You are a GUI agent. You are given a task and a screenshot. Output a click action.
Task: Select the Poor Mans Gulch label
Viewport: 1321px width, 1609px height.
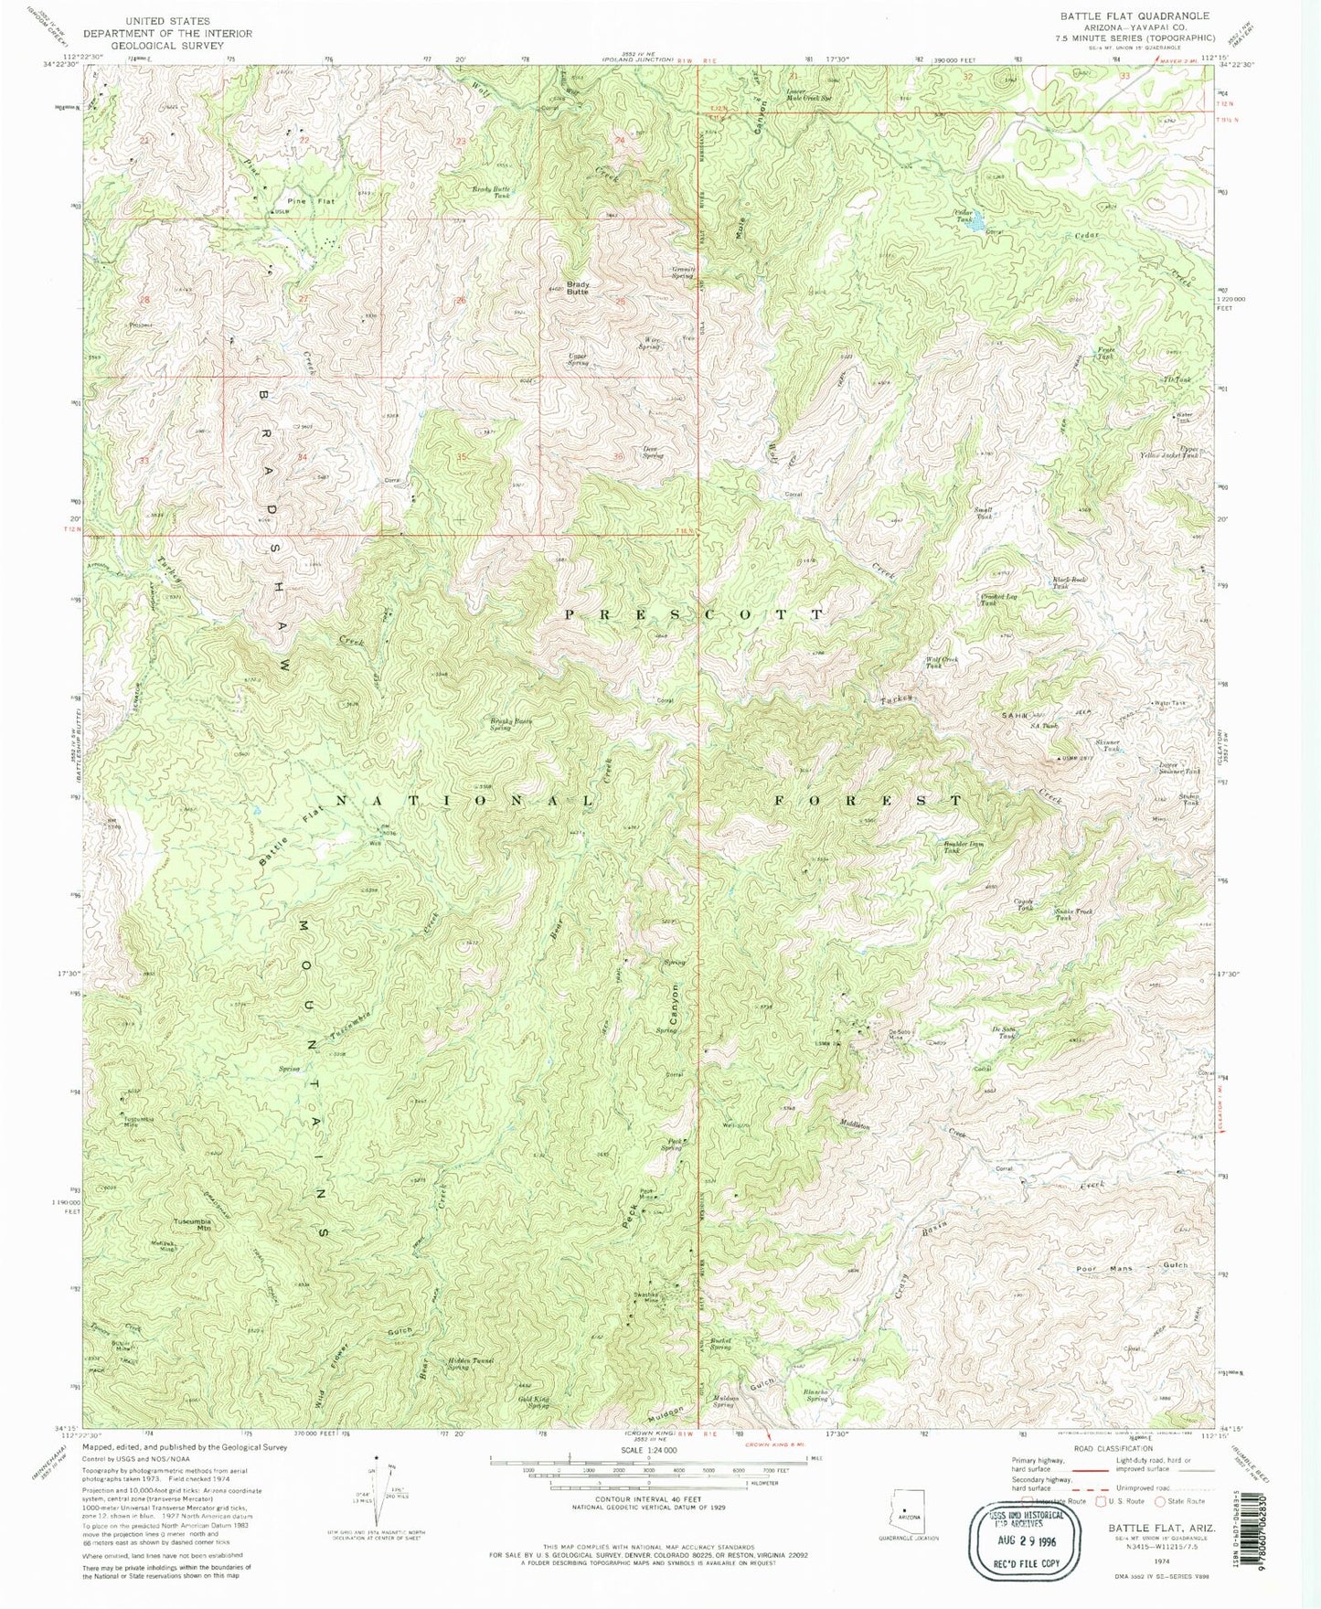click(1133, 1266)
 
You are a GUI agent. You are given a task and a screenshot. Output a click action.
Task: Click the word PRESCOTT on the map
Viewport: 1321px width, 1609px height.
click(694, 614)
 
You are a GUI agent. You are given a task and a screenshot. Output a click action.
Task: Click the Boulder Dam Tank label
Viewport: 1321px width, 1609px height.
click(952, 847)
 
